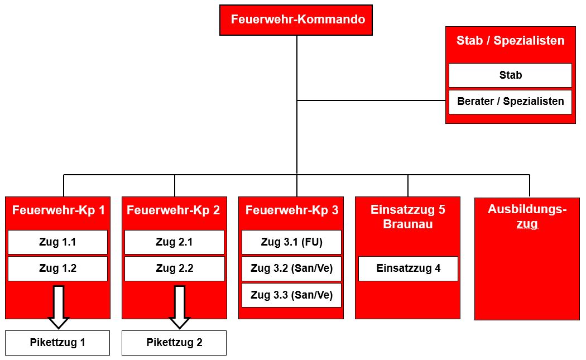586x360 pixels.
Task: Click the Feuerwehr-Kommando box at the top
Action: pos(296,20)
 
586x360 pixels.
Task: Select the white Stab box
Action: pos(510,75)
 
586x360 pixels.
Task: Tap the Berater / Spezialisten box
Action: pos(510,102)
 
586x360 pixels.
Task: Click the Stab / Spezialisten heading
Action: pos(511,40)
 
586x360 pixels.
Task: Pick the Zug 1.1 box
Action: pos(57,242)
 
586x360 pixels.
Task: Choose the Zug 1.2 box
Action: pos(57,268)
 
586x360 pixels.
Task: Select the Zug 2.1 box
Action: pos(174,242)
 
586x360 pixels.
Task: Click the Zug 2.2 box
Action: pos(174,268)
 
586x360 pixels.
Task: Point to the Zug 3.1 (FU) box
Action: pos(291,242)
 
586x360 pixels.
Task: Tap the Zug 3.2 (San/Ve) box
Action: pos(291,268)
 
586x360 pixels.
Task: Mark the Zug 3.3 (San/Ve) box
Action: pos(291,295)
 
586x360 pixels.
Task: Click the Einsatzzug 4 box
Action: pos(408,268)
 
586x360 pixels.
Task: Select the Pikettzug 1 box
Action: pos(57,343)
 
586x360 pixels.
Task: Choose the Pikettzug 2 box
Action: pos(174,343)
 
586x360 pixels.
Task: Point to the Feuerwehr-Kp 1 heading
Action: pos(58,210)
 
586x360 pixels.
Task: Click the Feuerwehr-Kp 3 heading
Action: pos(292,210)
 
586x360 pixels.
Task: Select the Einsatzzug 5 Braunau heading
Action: pos(408,217)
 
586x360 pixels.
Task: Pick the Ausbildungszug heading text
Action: pos(527,217)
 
